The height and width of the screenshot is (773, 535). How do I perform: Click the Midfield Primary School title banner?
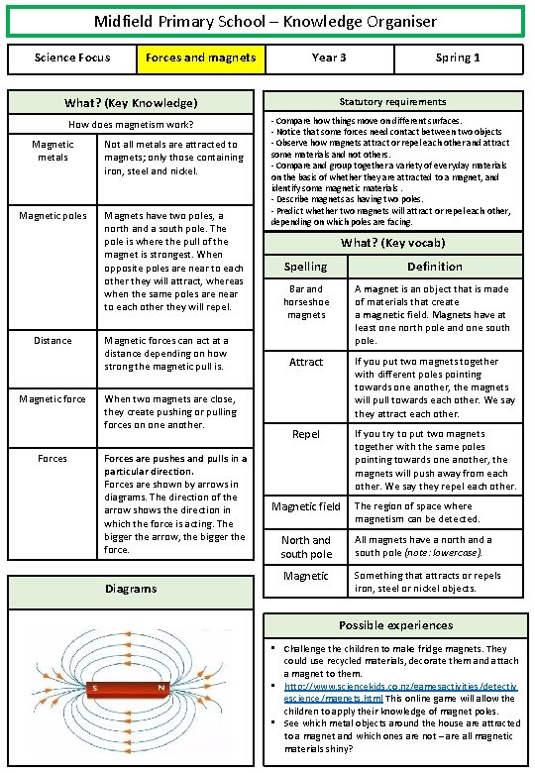pyautogui.click(x=265, y=21)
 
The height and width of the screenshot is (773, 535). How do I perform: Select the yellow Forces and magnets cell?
pyautogui.click(x=200, y=58)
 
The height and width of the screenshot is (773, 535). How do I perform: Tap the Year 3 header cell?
pyautogui.click(x=329, y=58)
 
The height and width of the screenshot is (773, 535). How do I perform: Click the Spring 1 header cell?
pyautogui.click(x=457, y=58)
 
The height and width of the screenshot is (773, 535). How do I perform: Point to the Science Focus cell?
pyautogui.click(x=72, y=58)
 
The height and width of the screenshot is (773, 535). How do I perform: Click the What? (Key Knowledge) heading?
pyautogui.click(x=131, y=103)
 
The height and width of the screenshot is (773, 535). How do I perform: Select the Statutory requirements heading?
pyautogui.click(x=392, y=102)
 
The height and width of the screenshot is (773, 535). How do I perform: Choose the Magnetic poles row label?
pyautogui.click(x=53, y=216)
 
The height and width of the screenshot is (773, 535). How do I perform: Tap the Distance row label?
pyautogui.click(x=53, y=341)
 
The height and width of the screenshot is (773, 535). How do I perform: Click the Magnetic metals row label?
pyautogui.click(x=53, y=151)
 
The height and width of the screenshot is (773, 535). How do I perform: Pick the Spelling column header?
pyautogui.click(x=305, y=267)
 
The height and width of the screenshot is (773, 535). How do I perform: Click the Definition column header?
pyautogui.click(x=434, y=267)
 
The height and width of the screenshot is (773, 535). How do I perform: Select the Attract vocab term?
pyautogui.click(x=305, y=363)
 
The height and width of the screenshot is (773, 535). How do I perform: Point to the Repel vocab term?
pyautogui.click(x=305, y=435)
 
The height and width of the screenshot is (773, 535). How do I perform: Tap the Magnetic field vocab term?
pyautogui.click(x=305, y=507)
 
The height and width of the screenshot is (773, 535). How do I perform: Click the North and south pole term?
pyautogui.click(x=305, y=547)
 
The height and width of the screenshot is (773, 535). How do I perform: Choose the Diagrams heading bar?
pyautogui.click(x=131, y=589)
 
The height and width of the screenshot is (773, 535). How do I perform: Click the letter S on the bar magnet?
pyautogui.click(x=94, y=688)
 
